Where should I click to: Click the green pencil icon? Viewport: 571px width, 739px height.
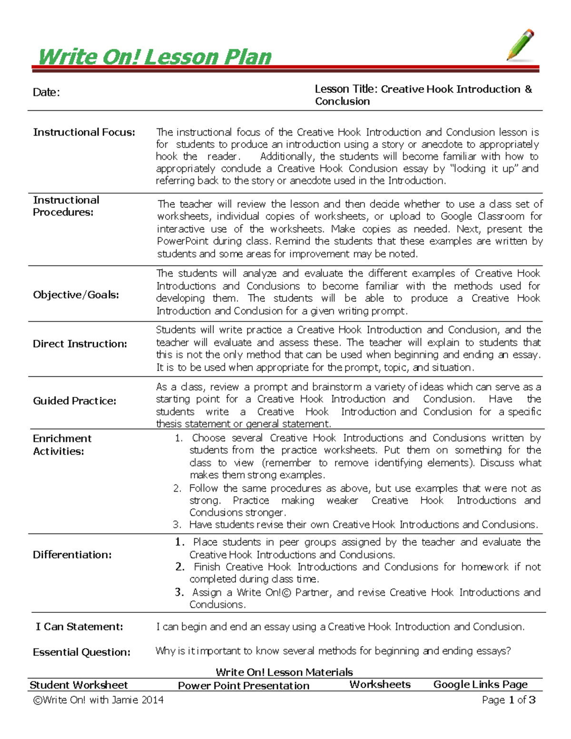click(x=521, y=45)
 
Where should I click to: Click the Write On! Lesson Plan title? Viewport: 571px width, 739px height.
click(x=154, y=57)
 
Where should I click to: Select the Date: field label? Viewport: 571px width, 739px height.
click(x=46, y=92)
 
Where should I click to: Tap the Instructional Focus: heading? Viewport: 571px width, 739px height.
click(x=84, y=132)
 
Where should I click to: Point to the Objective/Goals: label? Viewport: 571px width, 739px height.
click(x=76, y=295)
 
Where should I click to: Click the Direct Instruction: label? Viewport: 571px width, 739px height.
click(x=79, y=344)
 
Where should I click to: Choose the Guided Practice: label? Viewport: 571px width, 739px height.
click(x=74, y=401)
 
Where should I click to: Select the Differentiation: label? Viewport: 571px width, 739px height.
click(x=72, y=554)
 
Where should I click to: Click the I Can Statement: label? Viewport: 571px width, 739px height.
click(x=79, y=627)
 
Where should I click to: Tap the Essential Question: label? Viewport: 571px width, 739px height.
click(x=81, y=652)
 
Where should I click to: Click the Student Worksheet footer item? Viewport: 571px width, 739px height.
click(x=79, y=685)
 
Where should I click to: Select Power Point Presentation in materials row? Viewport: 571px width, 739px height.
click(x=243, y=686)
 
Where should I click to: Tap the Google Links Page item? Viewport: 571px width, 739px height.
click(x=480, y=684)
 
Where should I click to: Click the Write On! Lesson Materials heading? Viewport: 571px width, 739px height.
click(x=284, y=672)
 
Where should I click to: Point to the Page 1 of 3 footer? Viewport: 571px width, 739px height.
click(x=508, y=700)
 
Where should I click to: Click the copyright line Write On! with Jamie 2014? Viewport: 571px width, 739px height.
click(x=98, y=700)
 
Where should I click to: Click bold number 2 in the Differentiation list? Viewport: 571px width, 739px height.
click(x=179, y=567)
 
